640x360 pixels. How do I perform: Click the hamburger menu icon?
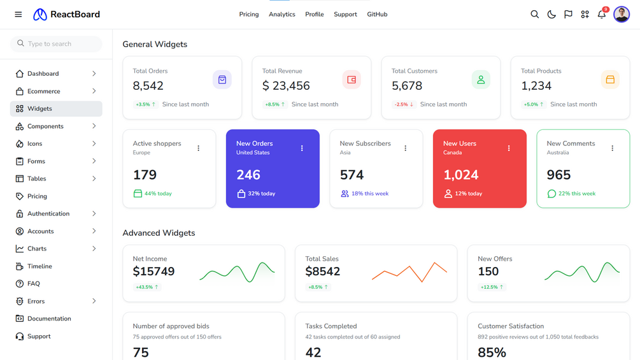[x=18, y=14]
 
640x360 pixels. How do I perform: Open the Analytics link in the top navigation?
[x=281, y=14]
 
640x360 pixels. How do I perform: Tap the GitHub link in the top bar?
[x=377, y=14]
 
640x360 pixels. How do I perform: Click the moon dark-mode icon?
[x=551, y=14]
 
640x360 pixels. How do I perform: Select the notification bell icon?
[x=602, y=14]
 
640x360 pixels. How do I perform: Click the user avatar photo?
[x=622, y=14]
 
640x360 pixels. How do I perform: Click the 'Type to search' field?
[x=56, y=44]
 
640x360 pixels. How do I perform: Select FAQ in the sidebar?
[x=34, y=284]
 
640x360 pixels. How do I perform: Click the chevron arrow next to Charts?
[x=94, y=248]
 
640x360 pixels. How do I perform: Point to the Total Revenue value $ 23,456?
[x=286, y=86]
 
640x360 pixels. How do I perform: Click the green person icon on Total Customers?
[x=481, y=80]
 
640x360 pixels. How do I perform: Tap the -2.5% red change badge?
[x=403, y=104]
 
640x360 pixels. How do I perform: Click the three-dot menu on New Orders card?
[x=302, y=148]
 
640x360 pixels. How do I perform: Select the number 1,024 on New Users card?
[x=461, y=175]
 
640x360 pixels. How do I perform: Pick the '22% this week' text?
[x=577, y=194]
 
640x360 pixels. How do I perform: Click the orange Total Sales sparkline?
[x=409, y=272]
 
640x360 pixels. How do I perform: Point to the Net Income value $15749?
[x=153, y=271]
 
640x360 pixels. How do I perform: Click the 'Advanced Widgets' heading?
[x=159, y=233]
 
